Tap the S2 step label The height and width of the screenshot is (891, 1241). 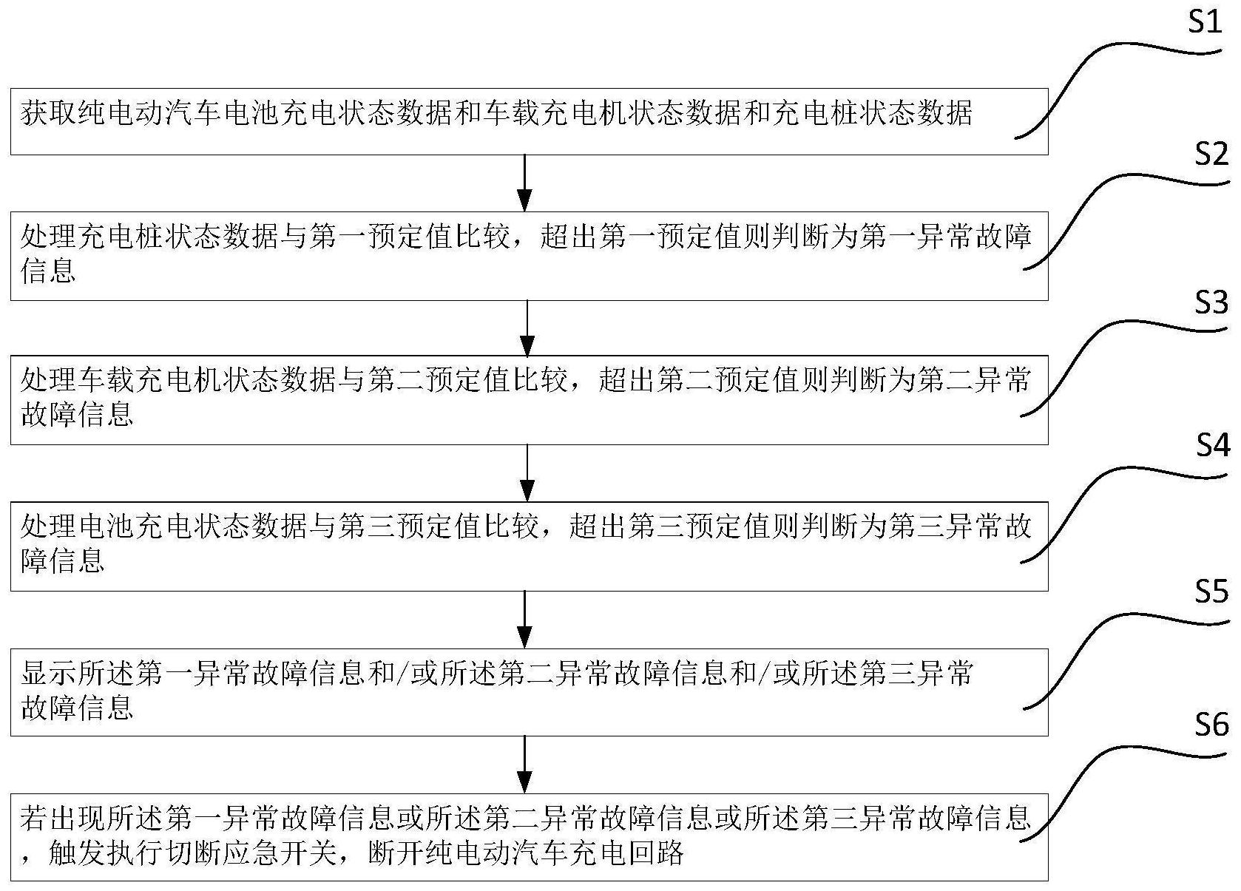(1211, 154)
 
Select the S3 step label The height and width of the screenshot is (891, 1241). (1211, 302)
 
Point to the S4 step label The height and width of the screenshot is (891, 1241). (1212, 446)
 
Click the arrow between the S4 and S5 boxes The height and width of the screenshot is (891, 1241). (524, 619)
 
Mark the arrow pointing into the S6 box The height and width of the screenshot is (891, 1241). (524, 764)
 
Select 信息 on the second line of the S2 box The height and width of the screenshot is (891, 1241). (48, 271)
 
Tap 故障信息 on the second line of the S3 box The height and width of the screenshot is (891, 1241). (77, 415)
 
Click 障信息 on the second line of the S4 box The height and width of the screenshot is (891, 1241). (63, 560)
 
